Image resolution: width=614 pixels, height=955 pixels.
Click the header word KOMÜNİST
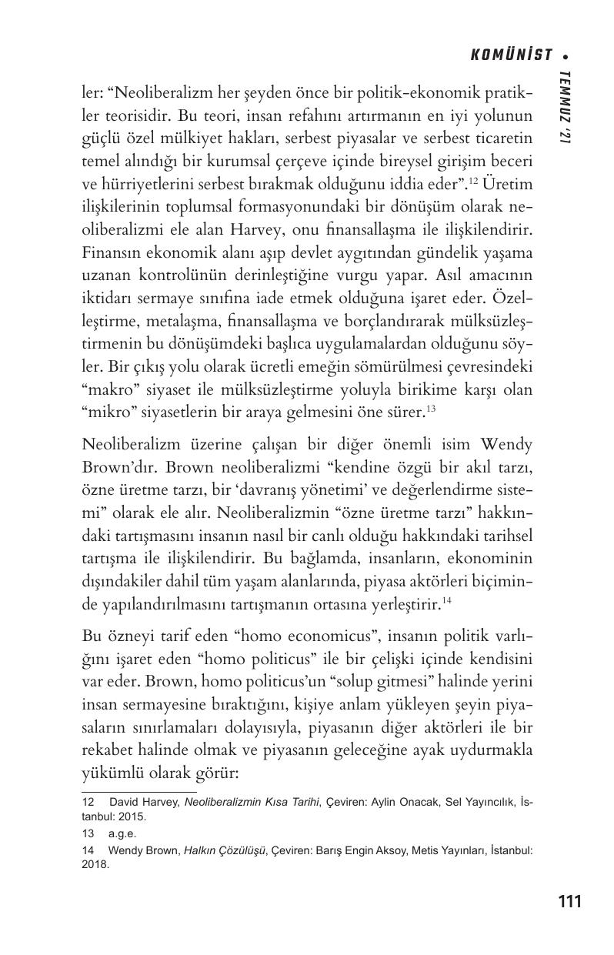click(x=511, y=55)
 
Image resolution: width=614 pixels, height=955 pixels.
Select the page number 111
click(x=569, y=901)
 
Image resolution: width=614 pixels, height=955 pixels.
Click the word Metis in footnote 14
click(x=425, y=851)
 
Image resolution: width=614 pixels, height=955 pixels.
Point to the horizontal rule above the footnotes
click(x=138, y=791)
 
